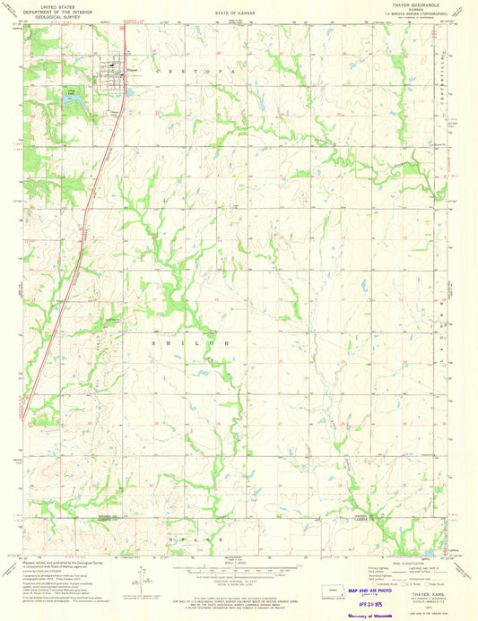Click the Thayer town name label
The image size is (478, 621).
point(133,70)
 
